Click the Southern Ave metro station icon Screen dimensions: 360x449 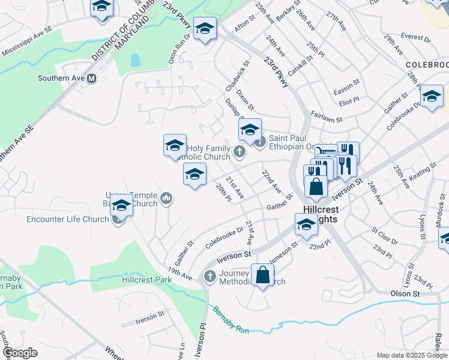[92, 78]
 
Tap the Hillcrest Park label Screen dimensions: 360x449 [142, 280]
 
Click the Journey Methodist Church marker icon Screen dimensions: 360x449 [209, 276]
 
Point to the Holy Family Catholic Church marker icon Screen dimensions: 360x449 [240, 152]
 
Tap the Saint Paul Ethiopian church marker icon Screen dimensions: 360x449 [260, 142]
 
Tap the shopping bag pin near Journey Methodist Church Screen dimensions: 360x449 [262, 275]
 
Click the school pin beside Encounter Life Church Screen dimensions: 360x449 [121, 206]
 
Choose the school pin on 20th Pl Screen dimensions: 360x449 [194, 175]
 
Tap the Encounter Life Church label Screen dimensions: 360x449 [67, 219]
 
